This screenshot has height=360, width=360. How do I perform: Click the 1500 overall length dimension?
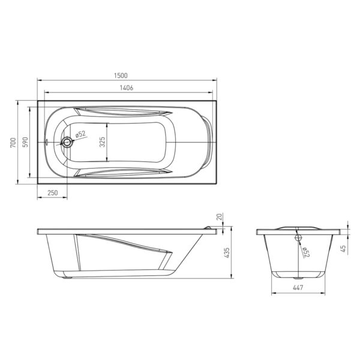(121, 76)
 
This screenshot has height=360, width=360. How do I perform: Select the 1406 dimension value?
(127, 88)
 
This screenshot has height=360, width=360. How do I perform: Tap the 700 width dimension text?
(13, 143)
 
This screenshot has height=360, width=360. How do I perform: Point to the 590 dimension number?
(25, 142)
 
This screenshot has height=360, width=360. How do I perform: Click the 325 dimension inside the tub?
(103, 142)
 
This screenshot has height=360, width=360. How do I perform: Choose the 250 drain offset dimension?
(53, 193)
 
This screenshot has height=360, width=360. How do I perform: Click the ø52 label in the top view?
(80, 134)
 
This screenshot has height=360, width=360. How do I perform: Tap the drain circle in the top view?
(67, 142)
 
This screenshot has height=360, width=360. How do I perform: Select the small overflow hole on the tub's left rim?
(47, 142)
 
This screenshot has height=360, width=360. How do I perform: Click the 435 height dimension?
(227, 253)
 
